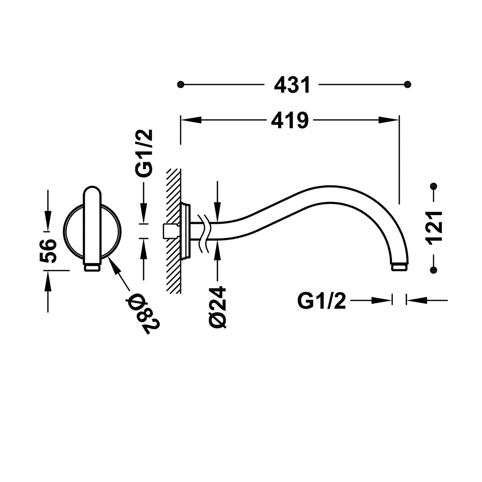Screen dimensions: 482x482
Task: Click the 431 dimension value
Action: [x=292, y=85]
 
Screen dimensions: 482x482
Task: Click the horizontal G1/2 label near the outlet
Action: [x=321, y=301]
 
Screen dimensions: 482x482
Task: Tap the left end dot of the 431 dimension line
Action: [x=181, y=84]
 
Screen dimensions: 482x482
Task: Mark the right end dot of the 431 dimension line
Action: [x=408, y=84]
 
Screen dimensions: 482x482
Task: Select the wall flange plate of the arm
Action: [x=186, y=230]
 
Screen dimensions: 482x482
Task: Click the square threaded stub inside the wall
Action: [x=168, y=231]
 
